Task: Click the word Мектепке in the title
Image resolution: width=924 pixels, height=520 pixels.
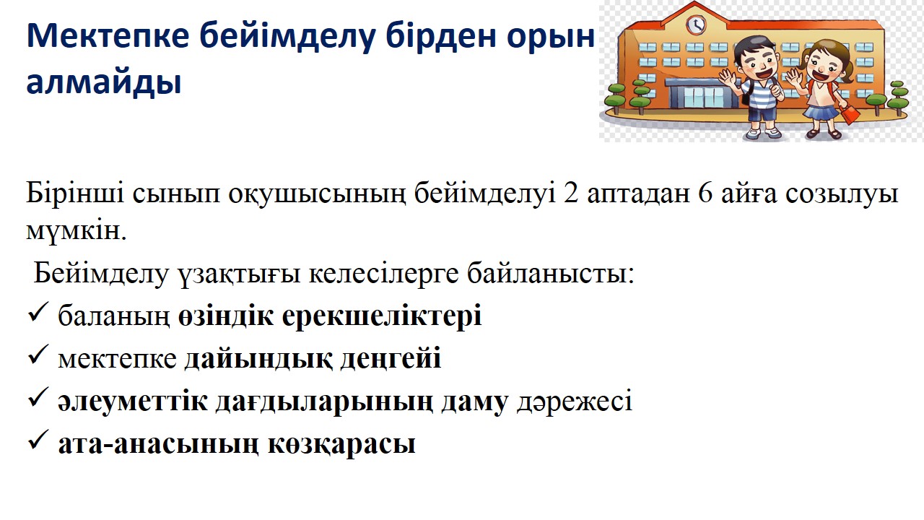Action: (x=108, y=36)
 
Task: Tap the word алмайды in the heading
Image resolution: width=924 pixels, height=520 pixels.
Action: (x=104, y=82)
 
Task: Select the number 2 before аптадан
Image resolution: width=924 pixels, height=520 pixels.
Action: (x=570, y=194)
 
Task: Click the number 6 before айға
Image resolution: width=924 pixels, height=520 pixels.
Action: (x=706, y=194)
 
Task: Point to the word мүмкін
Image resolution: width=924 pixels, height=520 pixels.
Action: (x=77, y=231)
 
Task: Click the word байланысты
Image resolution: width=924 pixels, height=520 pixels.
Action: (x=551, y=273)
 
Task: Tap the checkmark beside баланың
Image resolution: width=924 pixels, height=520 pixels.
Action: (x=38, y=312)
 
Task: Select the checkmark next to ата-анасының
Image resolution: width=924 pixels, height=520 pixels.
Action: (x=38, y=440)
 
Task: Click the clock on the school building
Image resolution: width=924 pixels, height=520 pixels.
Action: (x=696, y=24)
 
